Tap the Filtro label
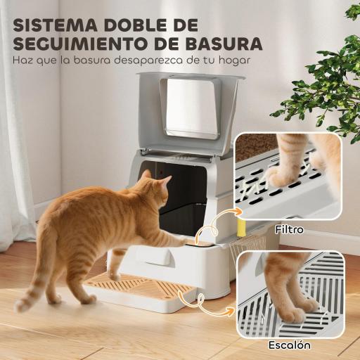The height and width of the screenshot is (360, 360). coord(289,229)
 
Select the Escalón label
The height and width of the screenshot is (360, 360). coord(289,346)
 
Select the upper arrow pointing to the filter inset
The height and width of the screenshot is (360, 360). coord(218,218)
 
